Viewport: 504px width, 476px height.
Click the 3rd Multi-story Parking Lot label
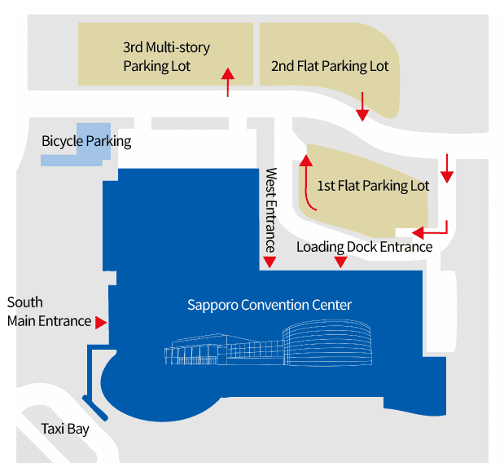click(x=166, y=56)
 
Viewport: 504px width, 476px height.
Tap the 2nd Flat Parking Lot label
click(x=330, y=66)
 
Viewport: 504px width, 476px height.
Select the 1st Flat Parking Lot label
click(x=373, y=186)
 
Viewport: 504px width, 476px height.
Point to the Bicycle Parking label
click(x=86, y=141)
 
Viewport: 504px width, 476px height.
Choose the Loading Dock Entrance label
click(x=364, y=246)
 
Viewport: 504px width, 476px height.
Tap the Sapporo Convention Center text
click(x=270, y=305)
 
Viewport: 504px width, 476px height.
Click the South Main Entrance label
click(x=49, y=311)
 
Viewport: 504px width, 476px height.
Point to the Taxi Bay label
click(x=65, y=429)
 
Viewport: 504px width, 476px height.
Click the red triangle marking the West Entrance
click(x=270, y=262)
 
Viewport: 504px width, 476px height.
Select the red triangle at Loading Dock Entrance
click(x=341, y=262)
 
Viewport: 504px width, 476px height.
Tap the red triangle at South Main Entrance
click(x=101, y=322)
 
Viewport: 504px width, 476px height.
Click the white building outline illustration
click(x=269, y=348)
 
